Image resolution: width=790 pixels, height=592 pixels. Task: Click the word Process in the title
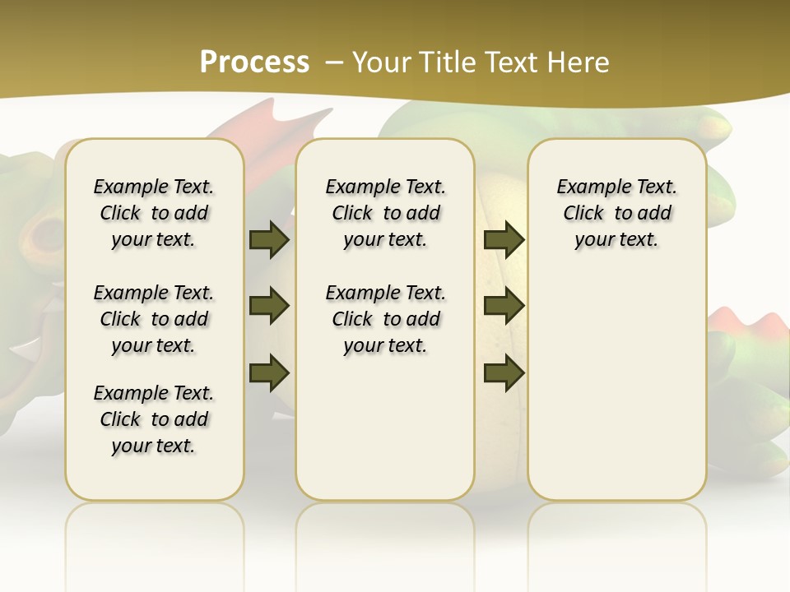254,62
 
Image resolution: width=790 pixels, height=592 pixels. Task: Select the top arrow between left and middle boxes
269,239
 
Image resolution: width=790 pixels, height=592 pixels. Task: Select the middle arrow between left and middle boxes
269,306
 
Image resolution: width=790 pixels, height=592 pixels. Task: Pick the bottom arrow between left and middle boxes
269,372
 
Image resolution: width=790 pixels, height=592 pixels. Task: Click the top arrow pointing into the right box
504,239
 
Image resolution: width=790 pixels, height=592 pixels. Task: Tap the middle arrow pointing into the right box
504,306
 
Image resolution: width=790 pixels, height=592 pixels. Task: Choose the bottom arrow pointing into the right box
504,372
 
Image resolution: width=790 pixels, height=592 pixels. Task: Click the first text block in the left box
154,213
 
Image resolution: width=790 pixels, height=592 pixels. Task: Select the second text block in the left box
154,319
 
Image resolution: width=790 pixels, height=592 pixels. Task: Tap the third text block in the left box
154,419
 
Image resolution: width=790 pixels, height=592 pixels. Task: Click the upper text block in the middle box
385,213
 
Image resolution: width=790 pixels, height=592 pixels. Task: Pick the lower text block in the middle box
385,319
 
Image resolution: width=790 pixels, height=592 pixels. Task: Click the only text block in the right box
616,213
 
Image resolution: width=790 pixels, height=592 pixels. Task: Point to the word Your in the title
383,62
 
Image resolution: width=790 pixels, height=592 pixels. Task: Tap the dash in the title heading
334,62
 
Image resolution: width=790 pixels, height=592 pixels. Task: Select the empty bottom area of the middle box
385,436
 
